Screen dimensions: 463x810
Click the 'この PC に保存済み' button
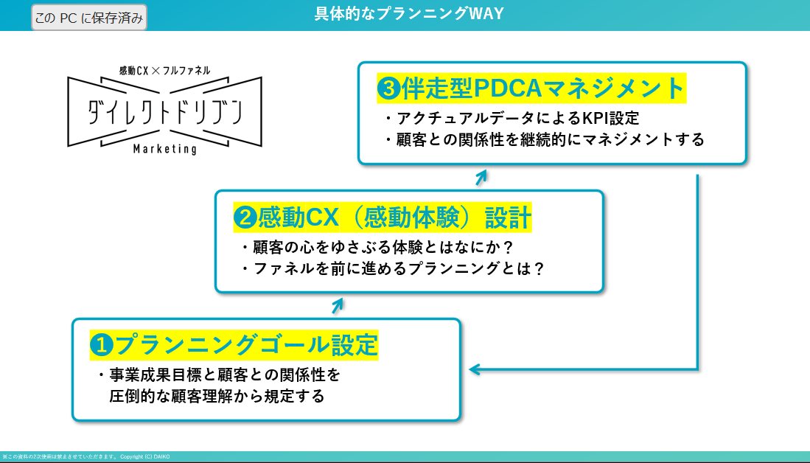point(89,17)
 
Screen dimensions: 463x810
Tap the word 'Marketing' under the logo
point(165,149)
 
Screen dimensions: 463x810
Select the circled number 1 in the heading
point(100,344)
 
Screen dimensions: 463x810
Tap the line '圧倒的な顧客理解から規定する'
point(215,396)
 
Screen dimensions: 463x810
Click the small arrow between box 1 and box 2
point(338,304)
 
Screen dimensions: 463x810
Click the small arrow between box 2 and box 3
point(481,177)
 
